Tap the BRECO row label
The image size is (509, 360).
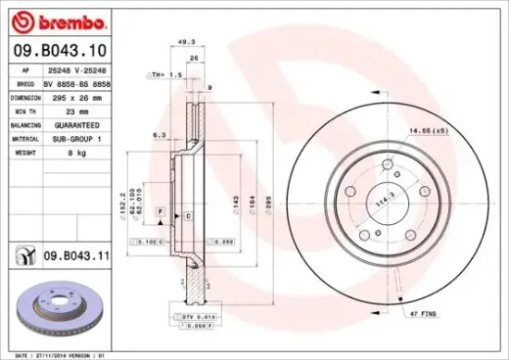coord(24,82)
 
